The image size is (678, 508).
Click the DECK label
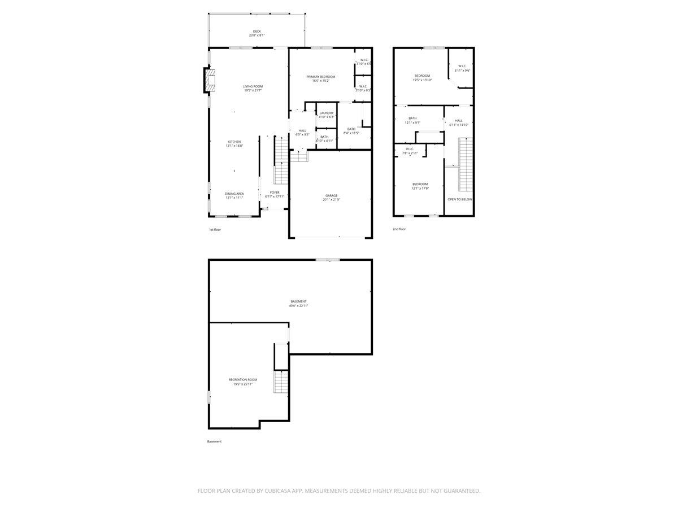(x=257, y=31)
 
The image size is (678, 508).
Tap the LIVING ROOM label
(x=253, y=86)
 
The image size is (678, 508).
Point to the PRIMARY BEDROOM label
(x=321, y=77)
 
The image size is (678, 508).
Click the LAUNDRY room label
(x=327, y=113)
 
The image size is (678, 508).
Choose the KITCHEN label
(x=234, y=142)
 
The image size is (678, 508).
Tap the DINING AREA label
(x=234, y=194)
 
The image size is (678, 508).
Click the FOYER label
(x=275, y=192)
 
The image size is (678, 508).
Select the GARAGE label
(x=331, y=196)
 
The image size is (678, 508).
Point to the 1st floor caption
(x=215, y=230)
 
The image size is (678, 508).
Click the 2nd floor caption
(x=399, y=229)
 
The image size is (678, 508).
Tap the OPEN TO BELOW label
(x=460, y=200)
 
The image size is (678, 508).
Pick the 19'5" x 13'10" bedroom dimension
(x=423, y=80)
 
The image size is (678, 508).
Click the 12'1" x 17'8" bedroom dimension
(x=420, y=189)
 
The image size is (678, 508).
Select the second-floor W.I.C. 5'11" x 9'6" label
(x=462, y=68)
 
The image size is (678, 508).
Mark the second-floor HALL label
(x=459, y=120)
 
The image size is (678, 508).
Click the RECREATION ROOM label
(x=243, y=380)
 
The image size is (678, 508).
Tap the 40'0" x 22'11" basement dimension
(x=298, y=306)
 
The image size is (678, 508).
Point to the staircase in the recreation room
(x=281, y=382)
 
